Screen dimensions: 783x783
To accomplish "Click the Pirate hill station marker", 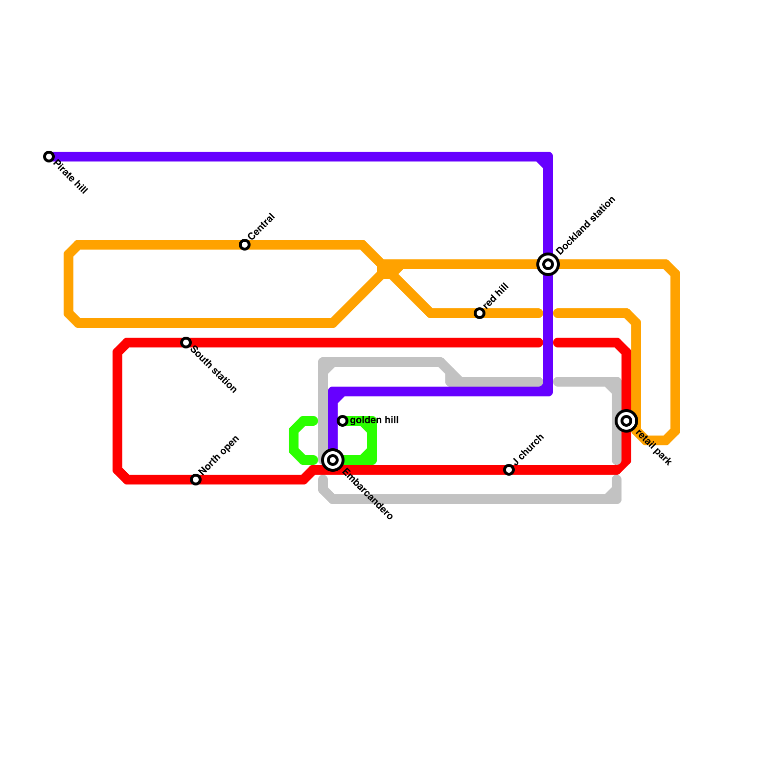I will point(49,157).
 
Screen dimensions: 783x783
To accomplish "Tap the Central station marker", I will point(245,245).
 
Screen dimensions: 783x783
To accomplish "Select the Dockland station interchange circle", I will point(548,264).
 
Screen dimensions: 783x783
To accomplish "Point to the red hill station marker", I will point(480,313).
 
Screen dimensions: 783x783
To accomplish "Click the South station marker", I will point(186,343).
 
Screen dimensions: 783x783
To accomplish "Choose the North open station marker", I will point(196,480).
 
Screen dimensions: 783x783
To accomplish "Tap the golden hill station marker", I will point(343,421).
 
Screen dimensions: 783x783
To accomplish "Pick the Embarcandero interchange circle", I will point(333,460).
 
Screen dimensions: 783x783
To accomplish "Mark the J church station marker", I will point(509,470).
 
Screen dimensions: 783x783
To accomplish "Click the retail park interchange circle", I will point(626,421).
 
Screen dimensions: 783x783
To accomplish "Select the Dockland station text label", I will point(586,226).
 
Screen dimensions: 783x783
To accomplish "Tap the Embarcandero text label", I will point(368,494).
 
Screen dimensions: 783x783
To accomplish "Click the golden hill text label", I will point(374,420).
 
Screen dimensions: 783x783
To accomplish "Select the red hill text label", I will point(496,296).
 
